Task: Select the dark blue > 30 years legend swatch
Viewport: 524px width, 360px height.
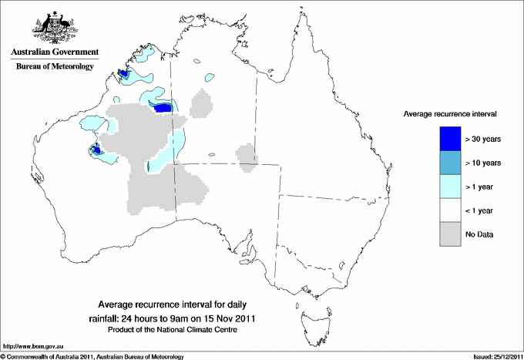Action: pyautogui.click(x=450, y=139)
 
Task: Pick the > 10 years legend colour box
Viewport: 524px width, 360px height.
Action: pyautogui.click(x=450, y=163)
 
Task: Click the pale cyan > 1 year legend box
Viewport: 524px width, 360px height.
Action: pyautogui.click(x=450, y=187)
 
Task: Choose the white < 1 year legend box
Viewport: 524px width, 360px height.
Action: pyautogui.click(x=450, y=210)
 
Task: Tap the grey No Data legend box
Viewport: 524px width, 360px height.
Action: pyautogui.click(x=450, y=234)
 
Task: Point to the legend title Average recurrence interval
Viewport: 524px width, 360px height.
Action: pyautogui.click(x=449, y=113)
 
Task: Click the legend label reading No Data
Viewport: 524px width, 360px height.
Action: pyautogui.click(x=479, y=234)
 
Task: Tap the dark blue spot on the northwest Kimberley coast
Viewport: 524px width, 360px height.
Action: pyautogui.click(x=123, y=73)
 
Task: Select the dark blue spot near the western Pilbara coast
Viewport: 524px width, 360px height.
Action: pyautogui.click(x=96, y=150)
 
